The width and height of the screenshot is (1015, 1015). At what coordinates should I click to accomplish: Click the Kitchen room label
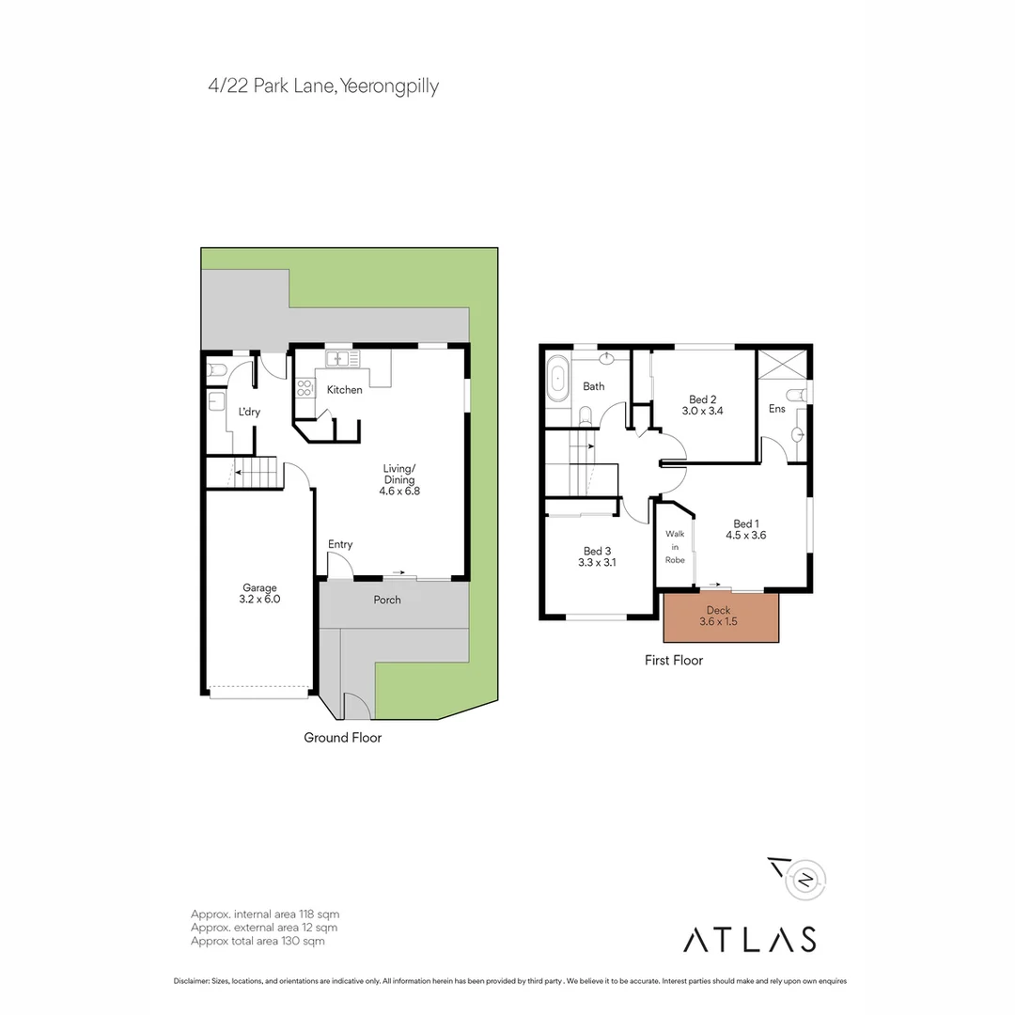click(344, 389)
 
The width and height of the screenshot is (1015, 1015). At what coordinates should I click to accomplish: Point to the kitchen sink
click(342, 359)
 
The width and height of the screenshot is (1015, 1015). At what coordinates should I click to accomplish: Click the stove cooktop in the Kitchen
click(305, 388)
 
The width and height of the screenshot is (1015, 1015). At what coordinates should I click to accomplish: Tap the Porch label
click(387, 600)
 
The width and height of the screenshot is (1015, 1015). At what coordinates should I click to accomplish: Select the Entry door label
click(340, 544)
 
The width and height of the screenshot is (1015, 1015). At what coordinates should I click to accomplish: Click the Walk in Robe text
click(675, 546)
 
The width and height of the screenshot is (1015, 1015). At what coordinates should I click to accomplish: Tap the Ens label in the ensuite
click(776, 409)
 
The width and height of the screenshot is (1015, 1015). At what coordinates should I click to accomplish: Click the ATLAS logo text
click(749, 939)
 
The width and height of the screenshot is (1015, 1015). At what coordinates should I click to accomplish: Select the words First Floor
click(673, 661)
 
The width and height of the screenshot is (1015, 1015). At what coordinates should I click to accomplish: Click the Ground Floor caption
click(342, 738)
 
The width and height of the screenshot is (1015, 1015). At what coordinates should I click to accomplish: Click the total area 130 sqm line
click(258, 941)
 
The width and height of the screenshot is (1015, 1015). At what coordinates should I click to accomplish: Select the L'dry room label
click(248, 411)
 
